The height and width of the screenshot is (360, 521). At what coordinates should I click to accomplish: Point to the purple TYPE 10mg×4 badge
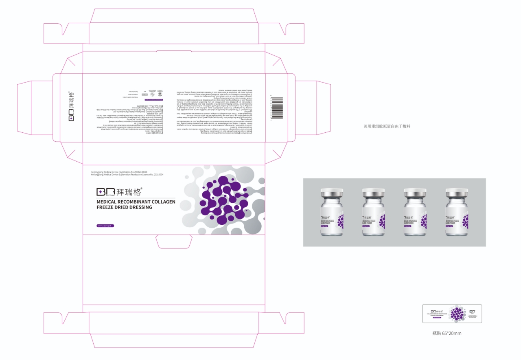[x=105, y=225]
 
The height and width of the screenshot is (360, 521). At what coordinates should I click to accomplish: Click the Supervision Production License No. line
[x=127, y=175]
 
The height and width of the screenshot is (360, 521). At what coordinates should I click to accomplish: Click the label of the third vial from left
[x=415, y=222]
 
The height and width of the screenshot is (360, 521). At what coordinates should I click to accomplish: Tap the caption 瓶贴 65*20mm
[x=447, y=333]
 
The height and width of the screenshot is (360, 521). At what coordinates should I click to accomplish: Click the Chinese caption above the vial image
[x=386, y=126]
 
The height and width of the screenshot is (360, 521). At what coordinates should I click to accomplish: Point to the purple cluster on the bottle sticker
[x=458, y=314]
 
